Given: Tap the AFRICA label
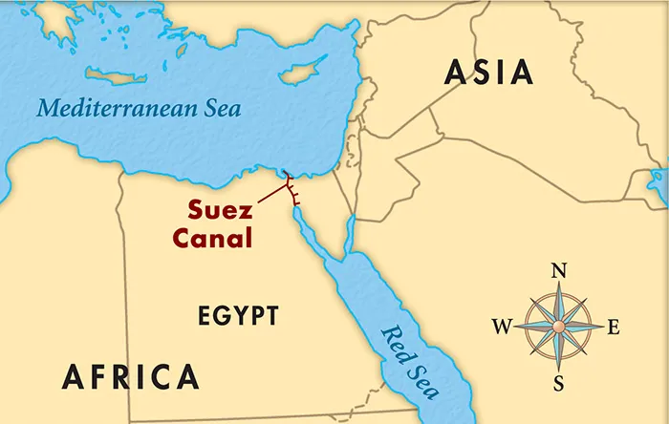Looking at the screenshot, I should point(131,376).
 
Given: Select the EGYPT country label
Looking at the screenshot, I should point(238,315).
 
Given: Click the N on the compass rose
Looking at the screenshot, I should point(559,271).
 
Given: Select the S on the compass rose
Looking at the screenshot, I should point(559,383).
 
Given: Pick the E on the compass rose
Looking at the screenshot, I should point(614,328).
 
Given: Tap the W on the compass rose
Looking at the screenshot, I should point(502,328).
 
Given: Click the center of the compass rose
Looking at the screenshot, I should point(559,327).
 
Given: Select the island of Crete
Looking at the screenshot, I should point(117,74).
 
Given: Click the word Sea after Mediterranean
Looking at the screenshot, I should point(221,108).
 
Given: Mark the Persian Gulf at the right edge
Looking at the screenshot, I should point(659,181).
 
